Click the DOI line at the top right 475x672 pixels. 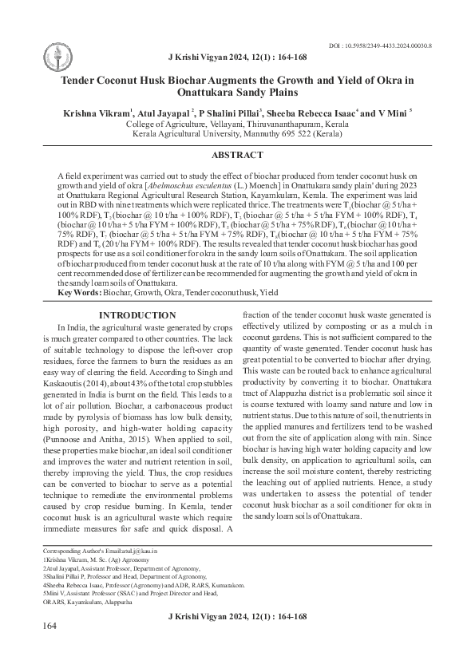381,47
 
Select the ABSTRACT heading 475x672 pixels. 237,155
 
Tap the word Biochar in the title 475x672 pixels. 184,80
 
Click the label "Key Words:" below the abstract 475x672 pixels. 80,293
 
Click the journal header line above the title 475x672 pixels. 237,59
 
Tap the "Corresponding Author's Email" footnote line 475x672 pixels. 100,551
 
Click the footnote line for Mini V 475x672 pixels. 129,594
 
